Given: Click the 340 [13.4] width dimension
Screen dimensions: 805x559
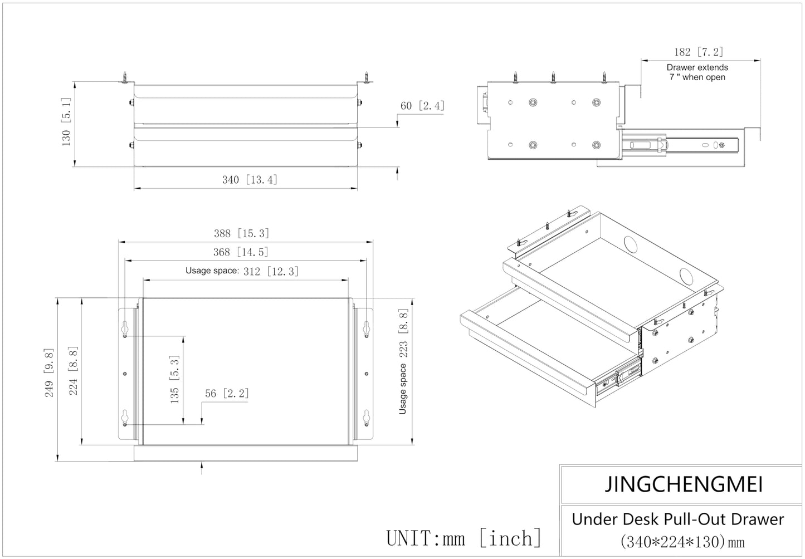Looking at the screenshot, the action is pyautogui.click(x=250, y=180).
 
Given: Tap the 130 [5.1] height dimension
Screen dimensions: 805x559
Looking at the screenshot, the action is pyautogui.click(x=66, y=122).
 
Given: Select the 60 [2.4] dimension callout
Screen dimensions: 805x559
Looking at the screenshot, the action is pyautogui.click(x=422, y=106).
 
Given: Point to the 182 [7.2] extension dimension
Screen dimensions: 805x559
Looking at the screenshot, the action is pyautogui.click(x=699, y=52).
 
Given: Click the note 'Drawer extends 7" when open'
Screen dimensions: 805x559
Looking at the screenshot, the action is pyautogui.click(x=697, y=72).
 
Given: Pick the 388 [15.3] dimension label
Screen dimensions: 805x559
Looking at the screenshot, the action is pyautogui.click(x=242, y=233).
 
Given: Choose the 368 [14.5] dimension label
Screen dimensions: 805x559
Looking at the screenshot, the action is pyautogui.click(x=241, y=252).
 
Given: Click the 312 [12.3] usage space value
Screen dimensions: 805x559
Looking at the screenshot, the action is pyautogui.click(x=271, y=271).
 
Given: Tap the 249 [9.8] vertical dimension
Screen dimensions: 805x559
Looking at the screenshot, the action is pyautogui.click(x=49, y=372).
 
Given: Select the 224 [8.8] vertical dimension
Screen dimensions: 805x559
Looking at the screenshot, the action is pyautogui.click(x=74, y=371).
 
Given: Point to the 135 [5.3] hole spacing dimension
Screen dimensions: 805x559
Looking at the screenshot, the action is pyautogui.click(x=174, y=379).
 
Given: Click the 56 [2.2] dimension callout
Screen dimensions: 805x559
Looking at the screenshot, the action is pyautogui.click(x=227, y=394).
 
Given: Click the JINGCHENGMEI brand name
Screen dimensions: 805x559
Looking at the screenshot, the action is pyautogui.click(x=684, y=484).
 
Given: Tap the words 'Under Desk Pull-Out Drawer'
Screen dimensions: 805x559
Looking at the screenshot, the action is pyautogui.click(x=678, y=519).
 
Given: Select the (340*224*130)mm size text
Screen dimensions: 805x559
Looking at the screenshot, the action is pyautogui.click(x=682, y=542).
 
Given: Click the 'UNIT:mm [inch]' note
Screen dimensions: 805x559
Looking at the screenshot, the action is pyautogui.click(x=464, y=538).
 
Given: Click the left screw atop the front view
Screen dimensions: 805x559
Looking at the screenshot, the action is pyautogui.click(x=125, y=77).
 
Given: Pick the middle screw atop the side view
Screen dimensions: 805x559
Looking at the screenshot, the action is pyautogui.click(x=553, y=77).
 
